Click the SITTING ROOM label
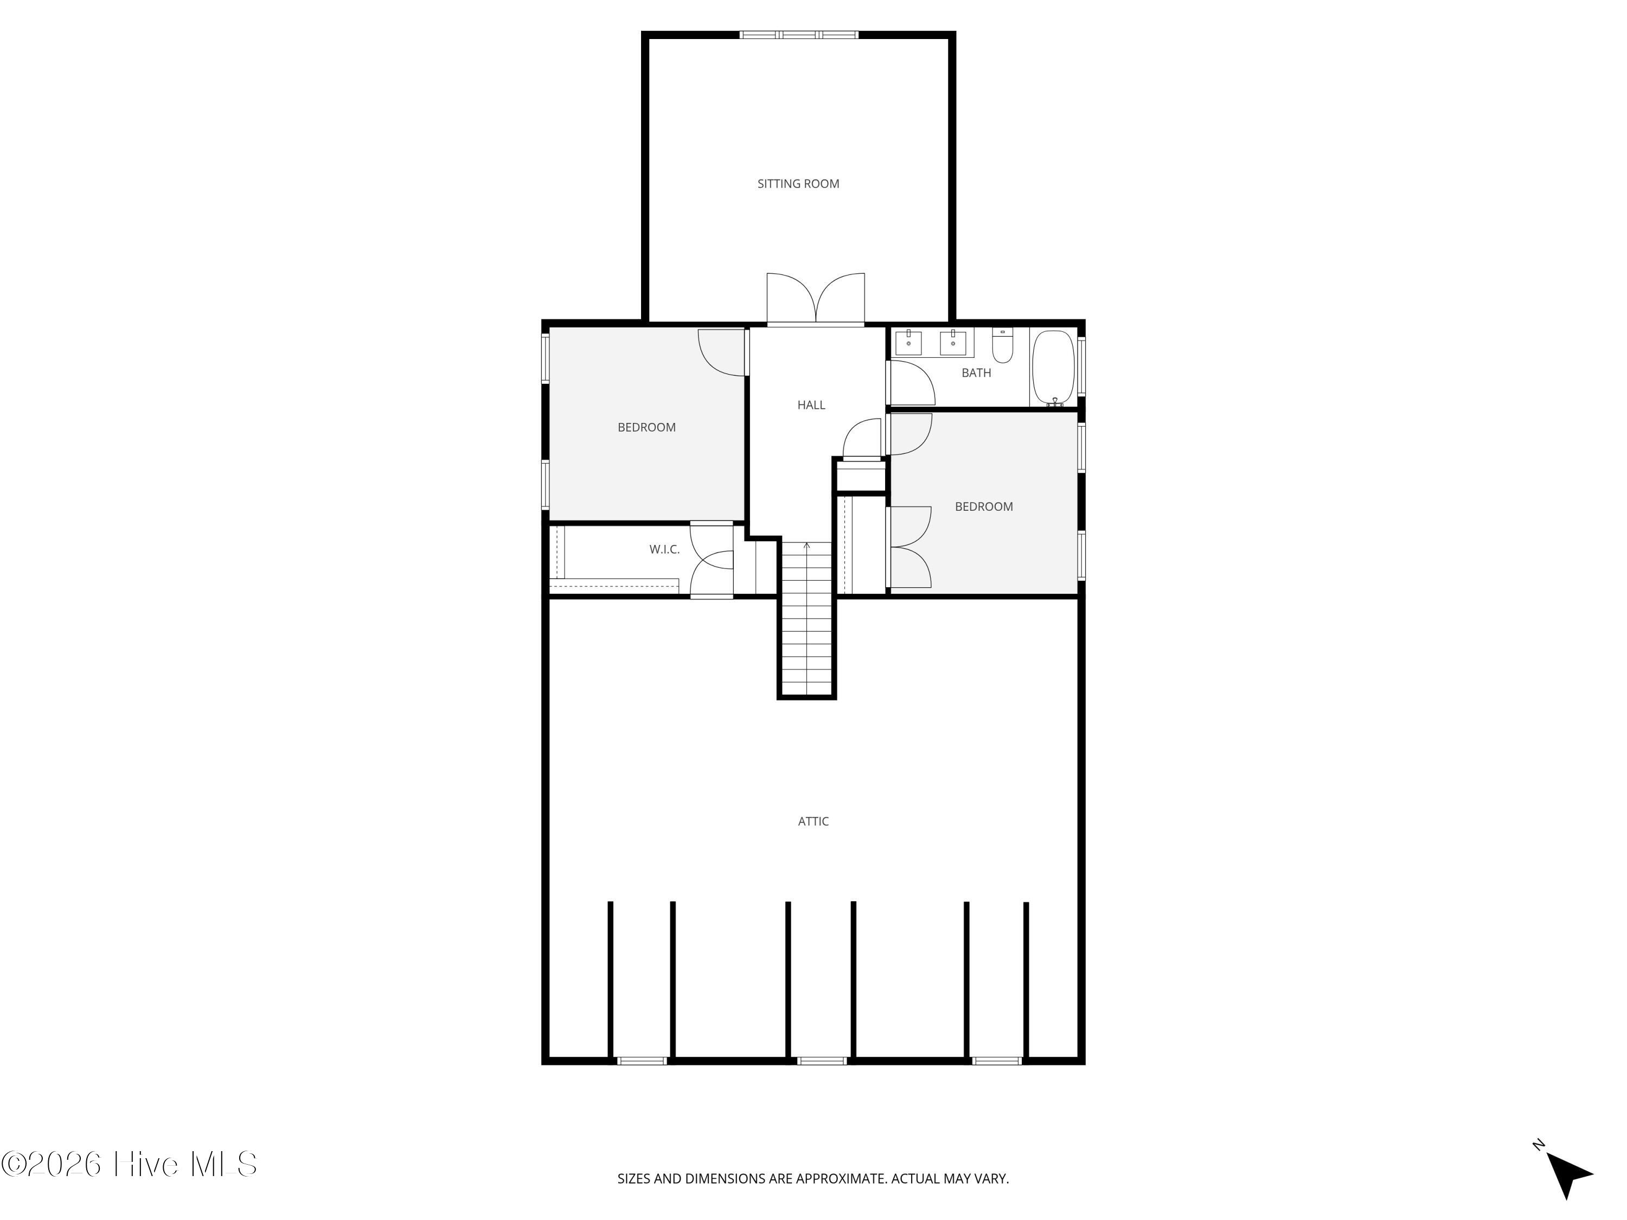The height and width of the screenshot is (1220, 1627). point(798,184)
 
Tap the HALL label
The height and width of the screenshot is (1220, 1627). point(811,405)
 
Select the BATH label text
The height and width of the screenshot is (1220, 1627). point(976,373)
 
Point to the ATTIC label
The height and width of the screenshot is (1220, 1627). point(813,821)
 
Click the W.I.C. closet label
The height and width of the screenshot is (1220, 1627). point(664,549)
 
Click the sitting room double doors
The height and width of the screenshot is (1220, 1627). point(816,299)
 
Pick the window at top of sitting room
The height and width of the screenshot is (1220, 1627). point(799,35)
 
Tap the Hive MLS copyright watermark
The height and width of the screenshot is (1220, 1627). point(130,1164)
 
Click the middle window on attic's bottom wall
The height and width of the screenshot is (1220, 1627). point(822,1061)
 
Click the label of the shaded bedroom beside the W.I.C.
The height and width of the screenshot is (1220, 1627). point(646,427)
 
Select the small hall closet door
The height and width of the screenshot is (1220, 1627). point(861,439)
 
